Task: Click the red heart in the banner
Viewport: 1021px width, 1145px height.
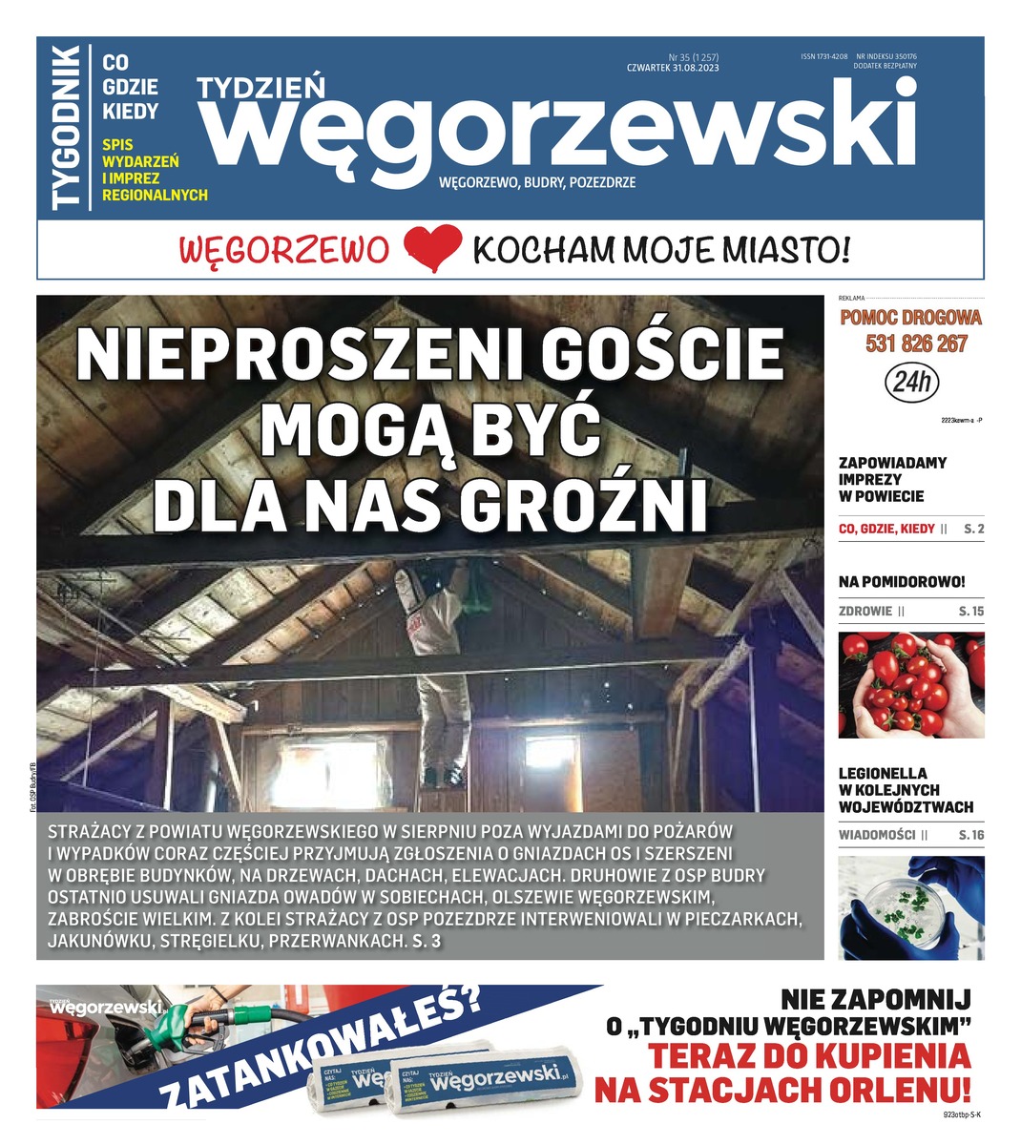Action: point(433,249)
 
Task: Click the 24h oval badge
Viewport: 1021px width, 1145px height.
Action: point(912,384)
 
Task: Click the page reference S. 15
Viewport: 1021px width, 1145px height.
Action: point(970,611)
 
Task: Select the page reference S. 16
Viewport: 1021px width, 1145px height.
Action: point(970,835)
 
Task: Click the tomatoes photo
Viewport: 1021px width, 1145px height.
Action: point(910,685)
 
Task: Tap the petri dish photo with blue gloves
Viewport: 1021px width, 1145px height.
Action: point(910,907)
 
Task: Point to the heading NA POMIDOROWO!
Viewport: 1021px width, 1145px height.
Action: point(902,581)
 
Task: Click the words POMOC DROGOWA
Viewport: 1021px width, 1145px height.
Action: point(910,319)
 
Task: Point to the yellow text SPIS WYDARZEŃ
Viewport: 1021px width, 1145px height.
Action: point(140,153)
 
